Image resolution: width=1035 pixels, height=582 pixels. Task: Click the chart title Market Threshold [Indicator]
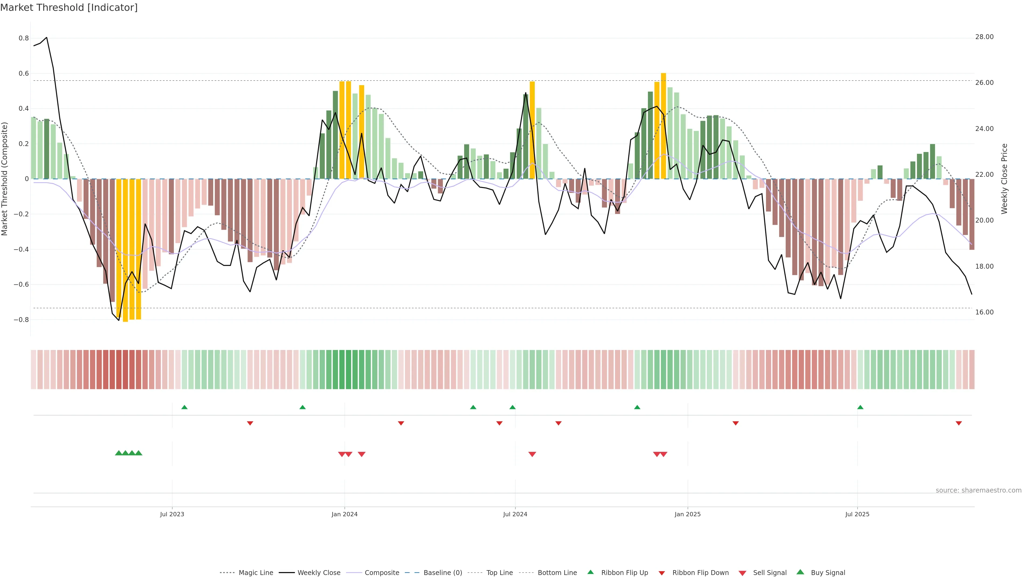pos(69,8)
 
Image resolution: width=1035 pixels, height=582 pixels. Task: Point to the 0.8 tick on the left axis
pos(24,38)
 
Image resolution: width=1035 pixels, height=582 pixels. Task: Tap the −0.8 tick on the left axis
pos(21,320)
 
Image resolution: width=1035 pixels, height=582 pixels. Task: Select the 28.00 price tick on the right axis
pos(984,37)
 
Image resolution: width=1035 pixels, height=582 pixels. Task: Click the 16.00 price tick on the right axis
pos(984,312)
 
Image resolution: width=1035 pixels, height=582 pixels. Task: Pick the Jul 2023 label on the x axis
pos(172,514)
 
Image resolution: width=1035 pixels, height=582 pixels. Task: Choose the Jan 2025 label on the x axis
pos(688,514)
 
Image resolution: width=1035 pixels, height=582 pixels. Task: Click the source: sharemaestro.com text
pos(978,490)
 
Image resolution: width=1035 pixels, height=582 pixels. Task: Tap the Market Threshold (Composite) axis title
pos(5,179)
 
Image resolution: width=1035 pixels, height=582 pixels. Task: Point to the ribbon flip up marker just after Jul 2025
pos(860,407)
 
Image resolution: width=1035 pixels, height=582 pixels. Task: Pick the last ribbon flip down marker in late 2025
pos(959,423)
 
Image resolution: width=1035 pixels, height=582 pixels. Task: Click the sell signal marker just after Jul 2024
pos(532,454)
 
